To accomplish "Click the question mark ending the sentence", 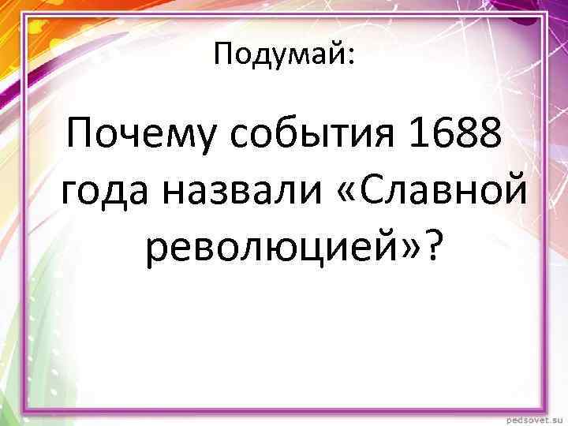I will click(x=433, y=246).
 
